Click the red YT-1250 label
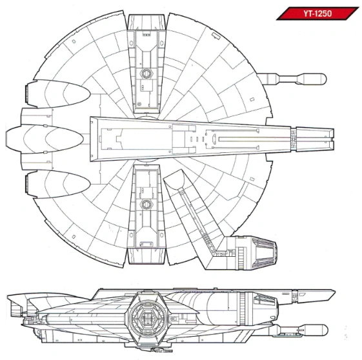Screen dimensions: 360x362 pos(317,13)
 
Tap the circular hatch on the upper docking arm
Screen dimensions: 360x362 pos(145,74)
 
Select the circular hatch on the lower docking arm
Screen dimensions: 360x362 pos(145,205)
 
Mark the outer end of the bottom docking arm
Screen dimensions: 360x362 pos(145,256)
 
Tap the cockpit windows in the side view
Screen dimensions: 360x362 pos(265,300)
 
